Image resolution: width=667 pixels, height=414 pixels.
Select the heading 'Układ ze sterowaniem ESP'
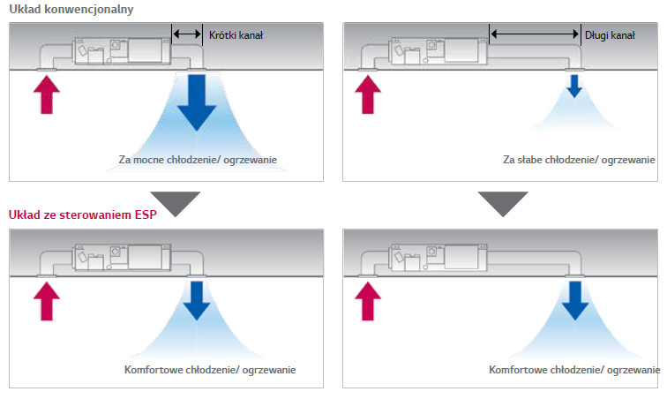point(81,215)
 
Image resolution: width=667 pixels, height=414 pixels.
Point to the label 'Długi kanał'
point(610,34)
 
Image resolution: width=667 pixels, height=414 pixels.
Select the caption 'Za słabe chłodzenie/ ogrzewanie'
point(579,160)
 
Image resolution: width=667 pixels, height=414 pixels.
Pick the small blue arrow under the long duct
point(573,87)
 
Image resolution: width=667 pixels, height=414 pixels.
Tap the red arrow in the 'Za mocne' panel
point(46,95)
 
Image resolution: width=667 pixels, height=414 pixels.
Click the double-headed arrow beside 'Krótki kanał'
point(187,34)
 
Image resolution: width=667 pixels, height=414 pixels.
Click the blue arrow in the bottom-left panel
point(198,299)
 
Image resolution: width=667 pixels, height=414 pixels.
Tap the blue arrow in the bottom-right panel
point(573,299)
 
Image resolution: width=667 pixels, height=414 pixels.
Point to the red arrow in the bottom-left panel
point(46,301)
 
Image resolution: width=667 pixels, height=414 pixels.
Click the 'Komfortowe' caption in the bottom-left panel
point(210,370)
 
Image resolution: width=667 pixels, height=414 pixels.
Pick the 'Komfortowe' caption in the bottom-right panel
point(573,370)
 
